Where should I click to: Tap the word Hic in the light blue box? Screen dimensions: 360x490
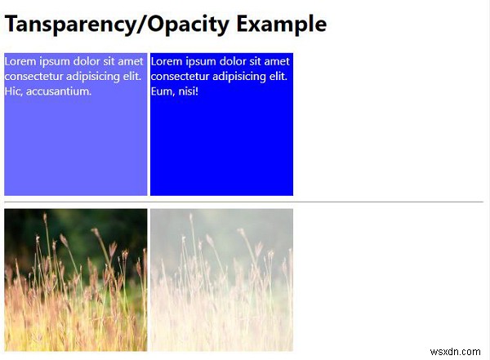(13, 91)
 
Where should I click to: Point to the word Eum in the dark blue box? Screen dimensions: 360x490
(163, 91)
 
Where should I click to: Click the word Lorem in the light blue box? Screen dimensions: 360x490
(20, 61)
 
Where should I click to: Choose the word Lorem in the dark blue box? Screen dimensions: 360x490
(167, 61)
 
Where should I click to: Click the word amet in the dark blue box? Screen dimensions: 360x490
(277, 61)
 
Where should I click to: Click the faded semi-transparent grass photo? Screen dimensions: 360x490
(221, 279)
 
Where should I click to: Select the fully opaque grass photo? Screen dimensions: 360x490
(75, 279)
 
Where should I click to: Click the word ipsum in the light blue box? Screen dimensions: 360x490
(53, 61)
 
